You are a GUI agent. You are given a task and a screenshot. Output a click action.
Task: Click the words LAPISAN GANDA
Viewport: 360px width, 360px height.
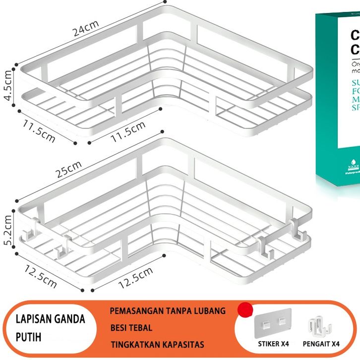(x=50, y=319)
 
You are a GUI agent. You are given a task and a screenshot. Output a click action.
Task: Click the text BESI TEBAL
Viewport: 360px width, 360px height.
(x=131, y=328)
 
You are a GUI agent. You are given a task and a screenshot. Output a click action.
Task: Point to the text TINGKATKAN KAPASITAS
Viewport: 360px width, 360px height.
(x=157, y=344)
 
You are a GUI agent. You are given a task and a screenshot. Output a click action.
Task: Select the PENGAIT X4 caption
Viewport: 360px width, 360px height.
(x=322, y=344)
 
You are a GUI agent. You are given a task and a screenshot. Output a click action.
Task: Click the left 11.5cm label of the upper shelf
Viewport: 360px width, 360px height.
(x=38, y=130)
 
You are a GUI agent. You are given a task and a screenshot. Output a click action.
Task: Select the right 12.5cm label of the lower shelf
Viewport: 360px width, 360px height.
(x=135, y=278)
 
